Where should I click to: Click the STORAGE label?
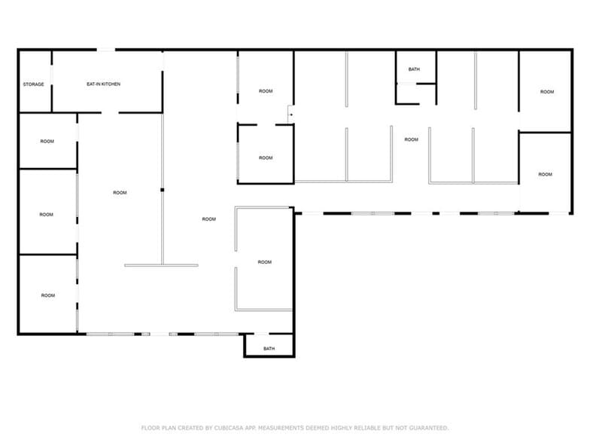(x=33, y=84)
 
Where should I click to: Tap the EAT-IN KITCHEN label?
(x=102, y=84)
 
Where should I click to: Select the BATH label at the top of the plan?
(x=414, y=69)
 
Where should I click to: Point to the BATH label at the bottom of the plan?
(x=269, y=349)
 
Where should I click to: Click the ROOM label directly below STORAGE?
(x=47, y=141)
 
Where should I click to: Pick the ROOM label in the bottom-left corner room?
(x=47, y=295)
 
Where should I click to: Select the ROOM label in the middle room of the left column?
(x=47, y=214)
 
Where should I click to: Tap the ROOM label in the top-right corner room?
(x=546, y=92)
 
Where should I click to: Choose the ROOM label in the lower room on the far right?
(x=545, y=174)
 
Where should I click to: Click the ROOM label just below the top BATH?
(x=411, y=139)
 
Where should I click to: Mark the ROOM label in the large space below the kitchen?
(x=120, y=193)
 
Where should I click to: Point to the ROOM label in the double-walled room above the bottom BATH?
(x=264, y=262)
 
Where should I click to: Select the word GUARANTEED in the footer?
(x=429, y=428)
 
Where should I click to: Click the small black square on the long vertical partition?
(x=163, y=189)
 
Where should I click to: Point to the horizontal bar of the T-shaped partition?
(x=161, y=265)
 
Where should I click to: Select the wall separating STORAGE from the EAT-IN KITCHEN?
(x=51, y=81)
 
